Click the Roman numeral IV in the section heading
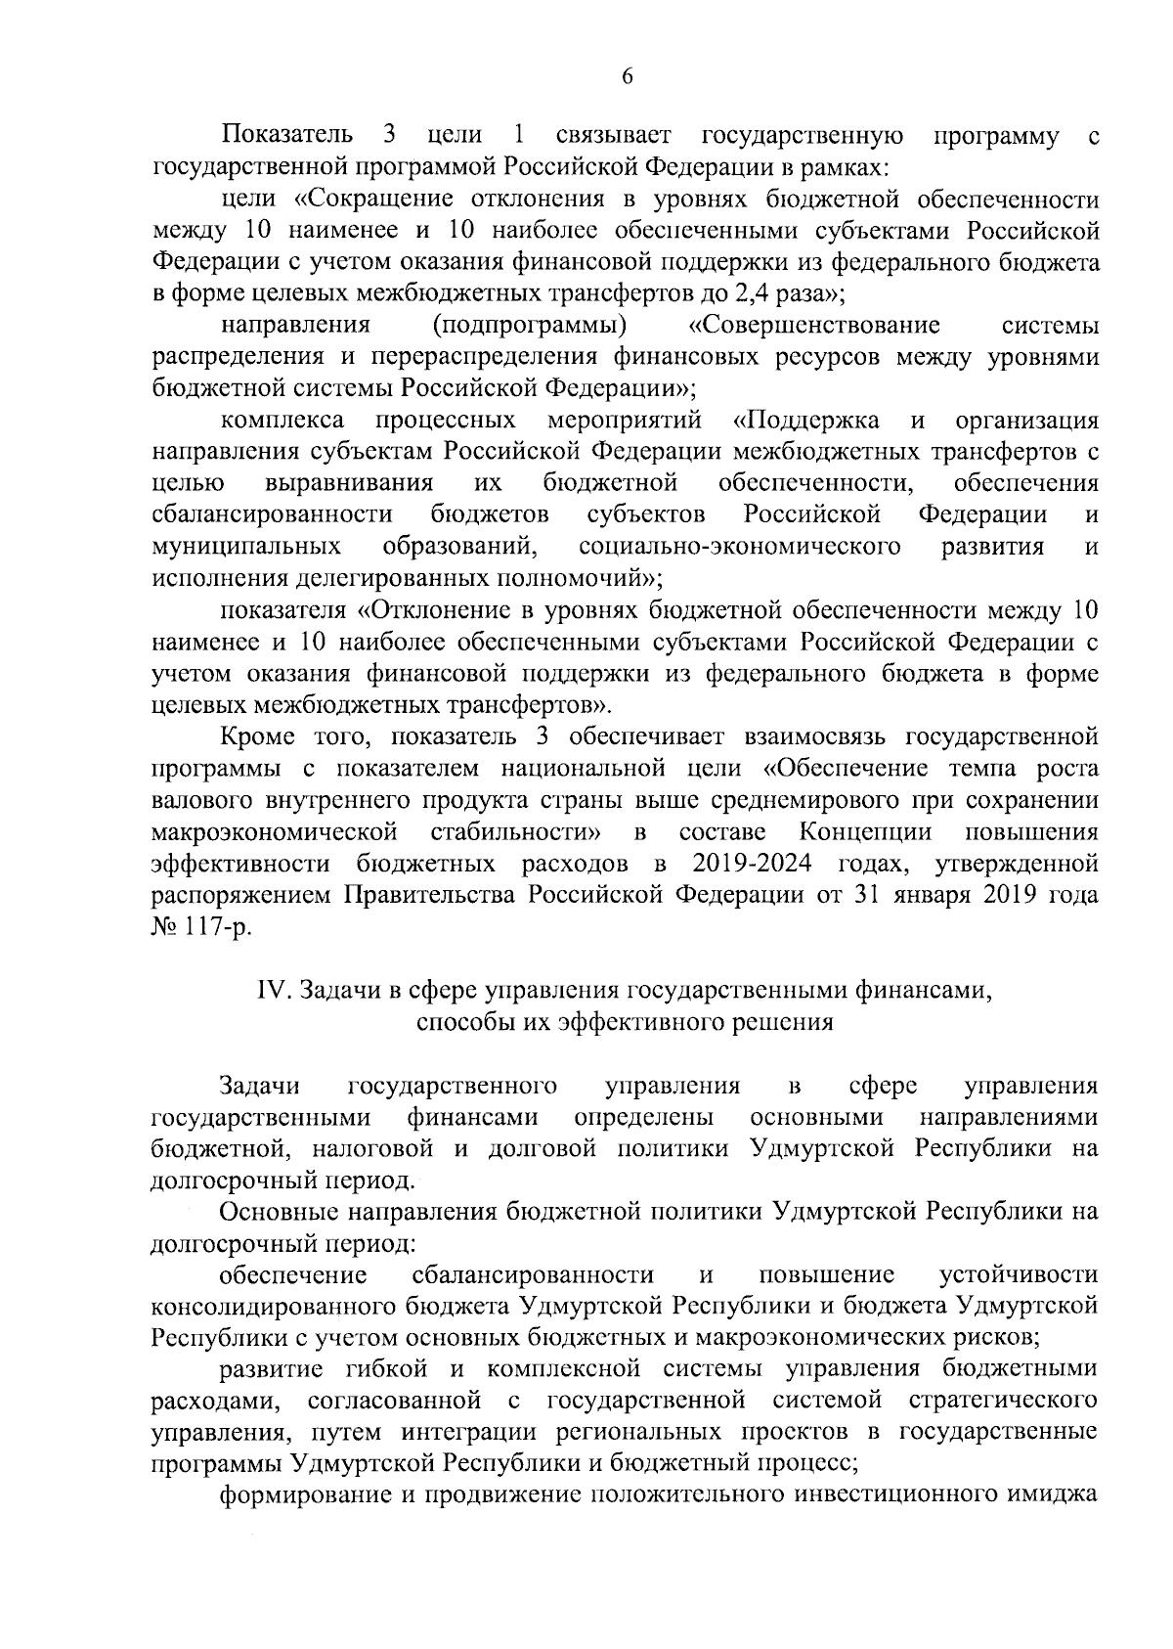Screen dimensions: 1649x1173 pos(270,991)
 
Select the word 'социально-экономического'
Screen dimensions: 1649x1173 pos(739,546)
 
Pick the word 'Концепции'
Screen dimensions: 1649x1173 pos(865,832)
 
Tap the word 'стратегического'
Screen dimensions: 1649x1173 pos(1003,1400)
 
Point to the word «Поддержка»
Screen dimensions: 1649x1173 pos(806,421)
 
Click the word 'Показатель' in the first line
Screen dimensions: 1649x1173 pos(282,135)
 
